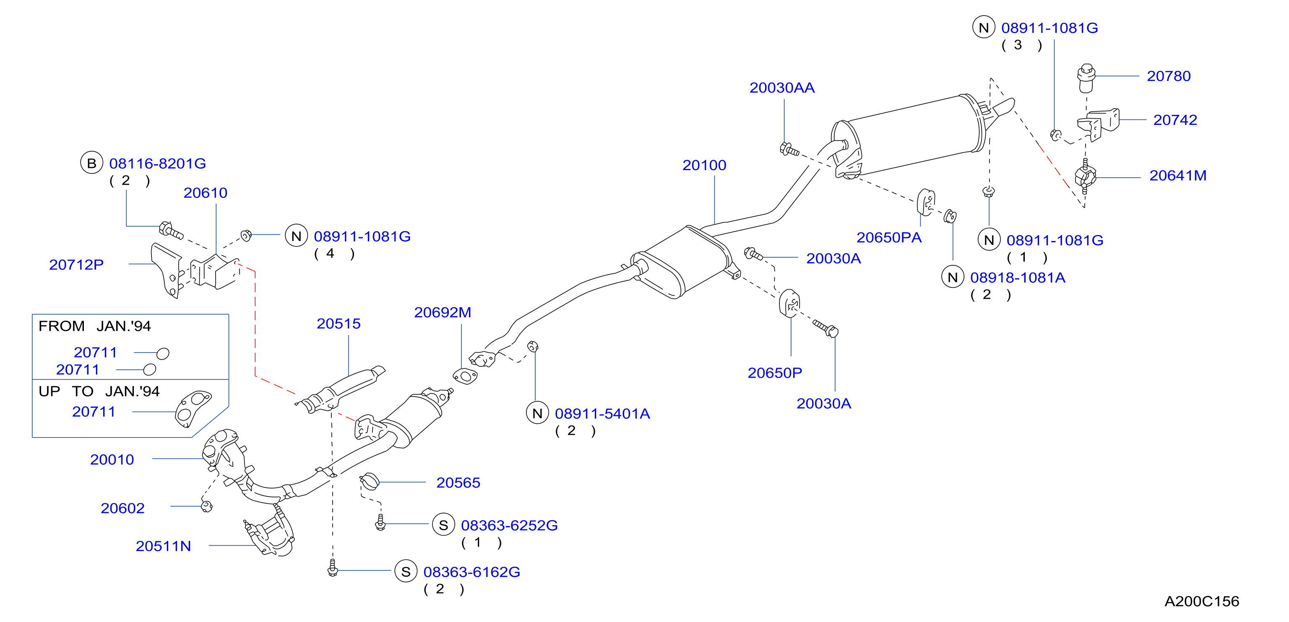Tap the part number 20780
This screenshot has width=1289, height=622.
1169,76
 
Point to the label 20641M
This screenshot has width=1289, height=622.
1177,176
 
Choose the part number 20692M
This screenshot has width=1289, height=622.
443,313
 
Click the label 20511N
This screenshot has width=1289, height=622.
163,546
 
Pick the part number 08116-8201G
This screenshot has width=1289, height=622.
158,163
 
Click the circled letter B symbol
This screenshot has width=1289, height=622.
91,163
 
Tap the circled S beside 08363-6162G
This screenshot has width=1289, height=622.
406,572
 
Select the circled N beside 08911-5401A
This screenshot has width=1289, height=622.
537,413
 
